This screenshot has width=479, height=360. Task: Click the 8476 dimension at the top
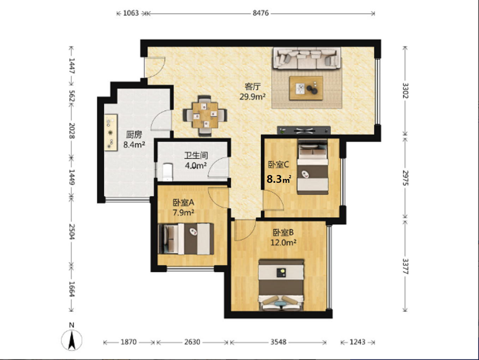pyautogui.click(x=261, y=13)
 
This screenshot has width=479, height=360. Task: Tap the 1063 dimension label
pyautogui.click(x=131, y=13)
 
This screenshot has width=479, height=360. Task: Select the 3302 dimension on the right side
pyautogui.click(x=405, y=91)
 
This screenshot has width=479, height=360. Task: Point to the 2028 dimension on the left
pyautogui.click(x=72, y=131)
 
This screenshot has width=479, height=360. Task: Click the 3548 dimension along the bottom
pyautogui.click(x=279, y=342)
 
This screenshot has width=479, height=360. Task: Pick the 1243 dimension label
pyautogui.click(x=358, y=342)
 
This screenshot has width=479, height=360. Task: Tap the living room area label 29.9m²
pyautogui.click(x=252, y=97)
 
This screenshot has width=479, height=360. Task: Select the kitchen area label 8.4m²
pyautogui.click(x=134, y=145)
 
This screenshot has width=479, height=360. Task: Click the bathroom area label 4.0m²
pyautogui.click(x=196, y=166)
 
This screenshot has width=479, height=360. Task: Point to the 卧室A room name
pyautogui.click(x=183, y=203)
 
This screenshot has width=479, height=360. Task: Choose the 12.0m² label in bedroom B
pyautogui.click(x=283, y=242)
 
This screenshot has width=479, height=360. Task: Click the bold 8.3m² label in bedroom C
pyautogui.click(x=279, y=179)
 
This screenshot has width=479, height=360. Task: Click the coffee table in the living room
pyautogui.click(x=306, y=88)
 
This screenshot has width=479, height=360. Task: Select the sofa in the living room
pyautogui.click(x=307, y=58)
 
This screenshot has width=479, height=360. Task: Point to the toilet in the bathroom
pyautogui.click(x=168, y=172)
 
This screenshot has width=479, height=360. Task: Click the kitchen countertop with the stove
pyautogui.click(x=111, y=132)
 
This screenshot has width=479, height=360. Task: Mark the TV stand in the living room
pyautogui.click(x=304, y=130)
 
